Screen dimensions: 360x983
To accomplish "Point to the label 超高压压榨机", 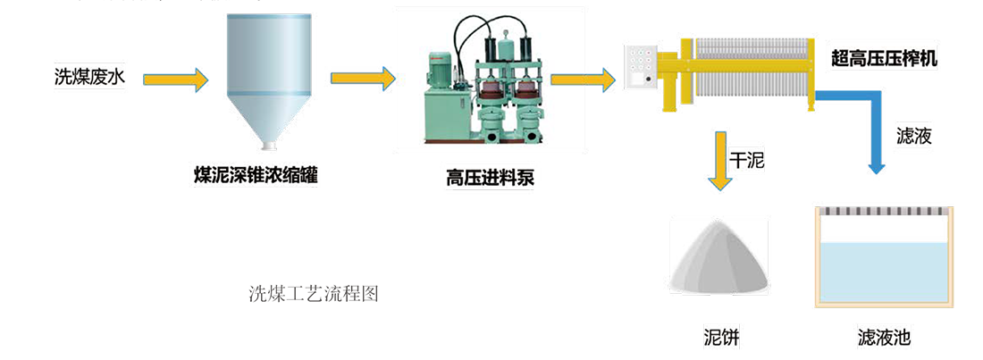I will pyautogui.click(x=885, y=57).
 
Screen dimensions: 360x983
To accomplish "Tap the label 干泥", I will pyautogui.click(x=747, y=159).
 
